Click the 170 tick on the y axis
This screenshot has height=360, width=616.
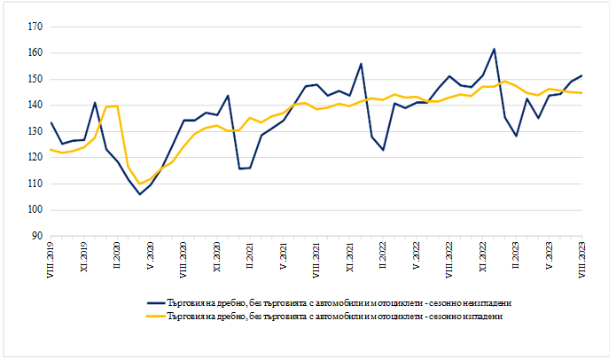point(36,27)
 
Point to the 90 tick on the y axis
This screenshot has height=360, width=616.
point(38,236)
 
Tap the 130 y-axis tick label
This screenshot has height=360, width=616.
point(36,131)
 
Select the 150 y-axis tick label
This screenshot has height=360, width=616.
point(36,79)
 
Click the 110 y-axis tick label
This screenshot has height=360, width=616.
point(36,184)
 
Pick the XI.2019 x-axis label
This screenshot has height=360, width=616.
point(84,257)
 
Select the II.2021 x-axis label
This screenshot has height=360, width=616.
point(250,256)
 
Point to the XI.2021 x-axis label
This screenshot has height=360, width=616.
point(349,257)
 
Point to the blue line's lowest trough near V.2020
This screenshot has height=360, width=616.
point(139,194)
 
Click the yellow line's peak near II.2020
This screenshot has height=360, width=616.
point(117,106)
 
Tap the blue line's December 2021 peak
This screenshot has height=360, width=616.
point(361,64)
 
